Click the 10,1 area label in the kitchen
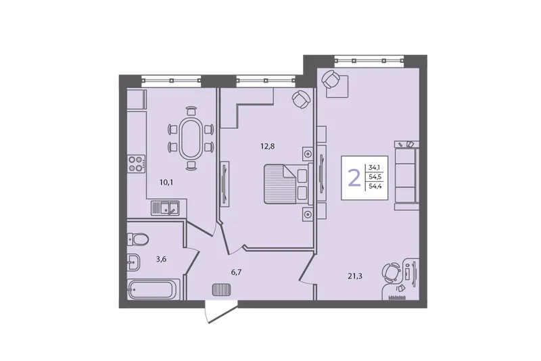[x=166, y=183]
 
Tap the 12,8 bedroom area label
[x=267, y=146]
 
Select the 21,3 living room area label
[x=355, y=276]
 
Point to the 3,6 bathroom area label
[x=161, y=260]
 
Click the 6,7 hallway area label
[x=236, y=272]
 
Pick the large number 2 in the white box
[x=354, y=178]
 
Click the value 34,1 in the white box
[x=373, y=168]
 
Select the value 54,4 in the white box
[x=374, y=187]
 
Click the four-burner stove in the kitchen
[x=136, y=164]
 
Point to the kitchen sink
[x=165, y=208]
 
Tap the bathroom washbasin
[x=133, y=262]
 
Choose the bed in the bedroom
[x=289, y=184]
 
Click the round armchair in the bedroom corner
[x=301, y=99]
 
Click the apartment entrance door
[x=221, y=312]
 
